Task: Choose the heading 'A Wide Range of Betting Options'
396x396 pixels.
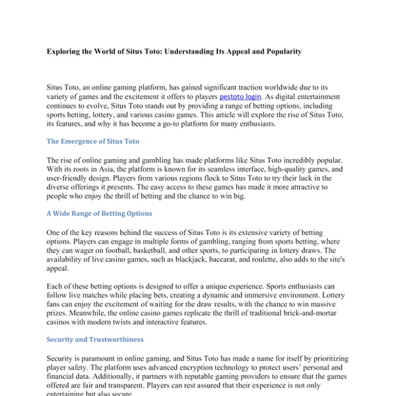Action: click(x=99, y=214)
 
